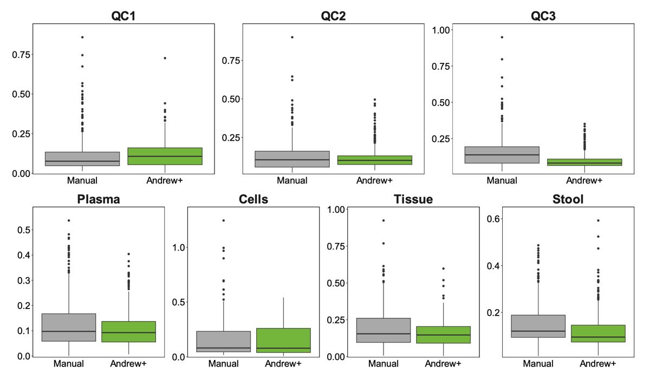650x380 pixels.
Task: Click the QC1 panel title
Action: click(x=123, y=16)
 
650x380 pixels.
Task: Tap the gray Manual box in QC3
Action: click(x=502, y=155)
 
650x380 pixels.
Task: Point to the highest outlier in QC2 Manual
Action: click(x=292, y=37)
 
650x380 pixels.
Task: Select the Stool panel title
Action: click(x=568, y=199)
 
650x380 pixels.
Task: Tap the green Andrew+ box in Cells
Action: click(x=283, y=340)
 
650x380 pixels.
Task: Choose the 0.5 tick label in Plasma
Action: click(x=20, y=230)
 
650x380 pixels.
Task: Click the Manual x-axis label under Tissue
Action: click(x=383, y=364)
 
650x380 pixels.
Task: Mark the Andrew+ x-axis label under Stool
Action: click(x=598, y=364)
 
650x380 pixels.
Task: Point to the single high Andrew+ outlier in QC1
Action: click(x=165, y=58)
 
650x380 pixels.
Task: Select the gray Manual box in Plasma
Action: click(x=68, y=327)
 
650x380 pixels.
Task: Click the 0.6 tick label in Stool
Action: click(x=490, y=219)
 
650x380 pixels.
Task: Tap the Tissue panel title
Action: click(x=413, y=199)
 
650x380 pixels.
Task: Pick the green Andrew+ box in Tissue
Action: click(x=444, y=335)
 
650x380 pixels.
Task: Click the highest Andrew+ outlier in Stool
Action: click(x=598, y=220)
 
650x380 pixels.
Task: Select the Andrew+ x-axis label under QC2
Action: click(x=374, y=180)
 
